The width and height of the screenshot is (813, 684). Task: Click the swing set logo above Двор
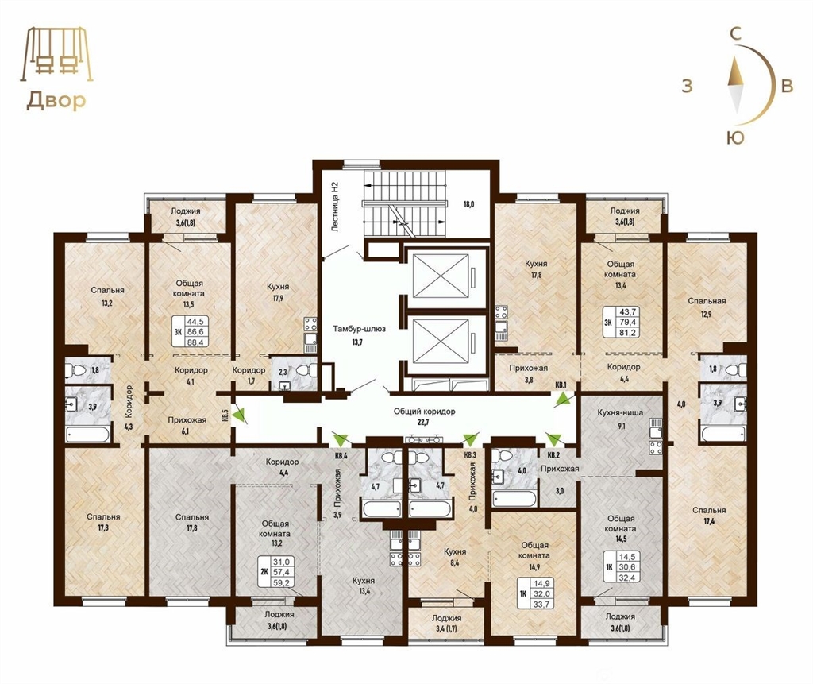[57, 55]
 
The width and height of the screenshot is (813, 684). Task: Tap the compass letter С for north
[734, 34]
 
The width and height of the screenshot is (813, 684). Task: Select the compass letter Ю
[735, 137]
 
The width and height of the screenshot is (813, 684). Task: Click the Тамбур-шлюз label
[360, 329]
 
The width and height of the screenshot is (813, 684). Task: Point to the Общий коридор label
[424, 412]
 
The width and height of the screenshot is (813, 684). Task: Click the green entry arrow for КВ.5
[240, 415]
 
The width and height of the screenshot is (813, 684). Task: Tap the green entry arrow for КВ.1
[563, 399]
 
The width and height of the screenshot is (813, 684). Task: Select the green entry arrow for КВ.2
[553, 439]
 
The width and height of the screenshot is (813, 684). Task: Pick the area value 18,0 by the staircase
[468, 204]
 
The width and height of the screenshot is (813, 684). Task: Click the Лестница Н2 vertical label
[335, 206]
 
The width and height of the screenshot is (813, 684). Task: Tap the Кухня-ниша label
[620, 412]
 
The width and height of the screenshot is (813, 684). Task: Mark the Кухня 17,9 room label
[278, 292]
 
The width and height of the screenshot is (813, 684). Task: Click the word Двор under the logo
[56, 101]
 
